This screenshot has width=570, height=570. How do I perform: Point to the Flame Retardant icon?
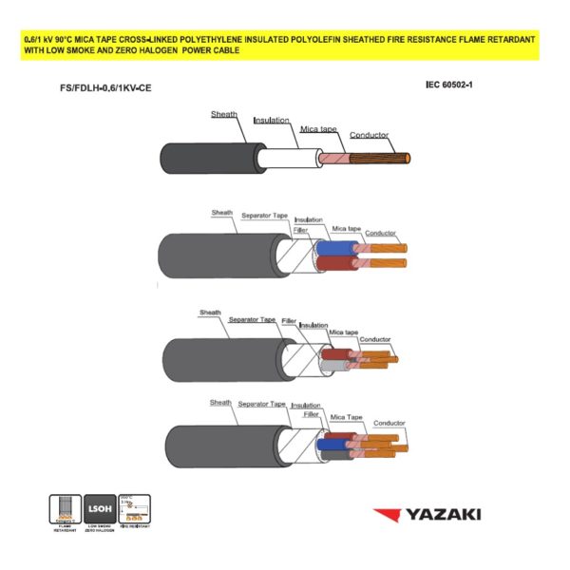(x=64, y=511)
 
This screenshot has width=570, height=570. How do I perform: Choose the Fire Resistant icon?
(x=136, y=511)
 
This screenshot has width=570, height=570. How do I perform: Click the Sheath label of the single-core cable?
(x=224, y=114)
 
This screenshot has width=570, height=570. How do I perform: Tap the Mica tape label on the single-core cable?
(x=321, y=127)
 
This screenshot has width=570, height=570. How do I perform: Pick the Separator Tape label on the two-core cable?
(x=264, y=216)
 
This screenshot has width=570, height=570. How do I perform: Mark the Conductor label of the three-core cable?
(x=375, y=339)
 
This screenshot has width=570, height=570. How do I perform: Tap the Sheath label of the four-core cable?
(x=221, y=403)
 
